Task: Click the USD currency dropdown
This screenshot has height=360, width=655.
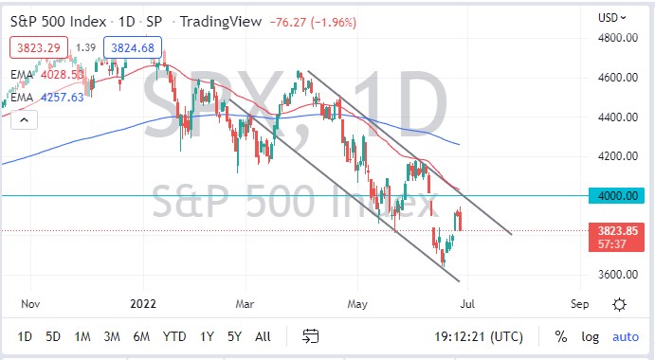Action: (610, 17)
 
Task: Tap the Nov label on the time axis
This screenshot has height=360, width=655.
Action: (31, 304)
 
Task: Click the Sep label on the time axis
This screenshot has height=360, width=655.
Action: (581, 304)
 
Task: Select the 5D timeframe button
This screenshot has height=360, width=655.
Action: (54, 336)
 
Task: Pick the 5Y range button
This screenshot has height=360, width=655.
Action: (234, 336)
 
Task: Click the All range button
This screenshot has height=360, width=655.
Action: (263, 336)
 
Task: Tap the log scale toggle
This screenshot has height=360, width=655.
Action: (590, 336)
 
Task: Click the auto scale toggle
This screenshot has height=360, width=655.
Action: (626, 336)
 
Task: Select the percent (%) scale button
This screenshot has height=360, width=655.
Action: (560, 336)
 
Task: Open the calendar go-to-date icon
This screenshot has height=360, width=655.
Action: (310, 336)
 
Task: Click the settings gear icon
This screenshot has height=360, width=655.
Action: (619, 304)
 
